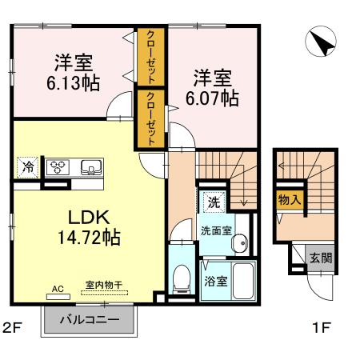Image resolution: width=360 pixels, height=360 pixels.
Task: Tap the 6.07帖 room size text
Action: tap(214, 98)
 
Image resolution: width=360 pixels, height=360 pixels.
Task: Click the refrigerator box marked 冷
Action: tap(28, 168)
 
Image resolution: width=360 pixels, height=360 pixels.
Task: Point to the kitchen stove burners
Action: tap(59, 168)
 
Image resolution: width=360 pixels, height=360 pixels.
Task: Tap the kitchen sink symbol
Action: tap(89, 168)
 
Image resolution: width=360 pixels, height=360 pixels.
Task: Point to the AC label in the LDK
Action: tap(57, 286)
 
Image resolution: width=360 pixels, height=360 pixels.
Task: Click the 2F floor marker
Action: tap(12, 327)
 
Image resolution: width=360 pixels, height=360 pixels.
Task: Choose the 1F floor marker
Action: tap(322, 327)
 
